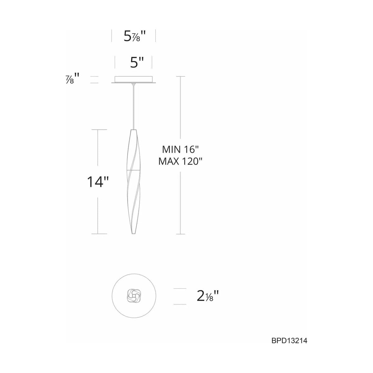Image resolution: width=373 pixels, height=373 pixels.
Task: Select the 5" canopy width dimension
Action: pos(137,63)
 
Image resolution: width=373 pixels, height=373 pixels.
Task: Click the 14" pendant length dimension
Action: pos(98,182)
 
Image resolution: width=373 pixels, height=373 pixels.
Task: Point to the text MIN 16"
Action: pos(180,150)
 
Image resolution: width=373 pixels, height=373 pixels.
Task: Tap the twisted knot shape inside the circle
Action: pos(133,296)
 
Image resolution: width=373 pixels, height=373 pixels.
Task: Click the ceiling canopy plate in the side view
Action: pos(134,80)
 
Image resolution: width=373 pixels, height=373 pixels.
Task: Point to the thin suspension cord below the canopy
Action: pos(134,106)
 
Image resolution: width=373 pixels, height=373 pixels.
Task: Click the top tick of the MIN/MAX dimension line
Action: pos(181,76)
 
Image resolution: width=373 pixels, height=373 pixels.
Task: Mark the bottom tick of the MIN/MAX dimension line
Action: pos(181,234)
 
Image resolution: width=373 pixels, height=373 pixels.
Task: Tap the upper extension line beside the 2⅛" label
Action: pos(182,289)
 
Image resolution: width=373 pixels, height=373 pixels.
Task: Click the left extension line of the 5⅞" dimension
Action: pos(112,36)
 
